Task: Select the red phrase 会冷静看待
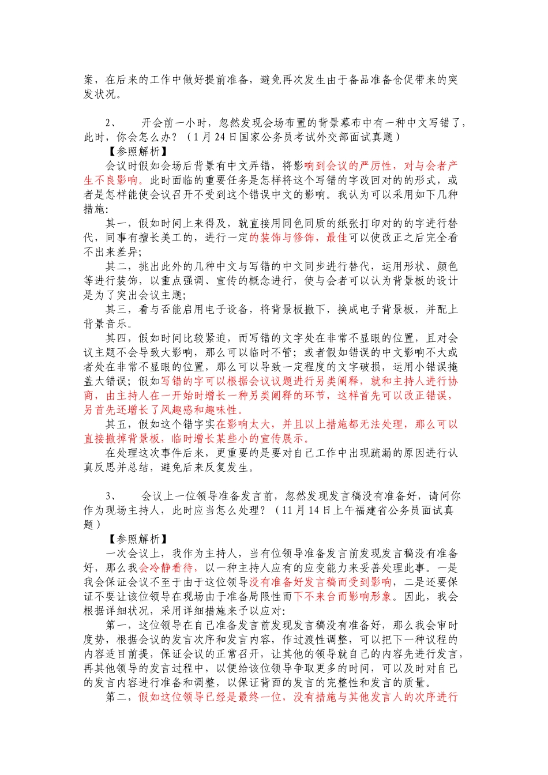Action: pos(166,568)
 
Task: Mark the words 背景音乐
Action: pos(106,324)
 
